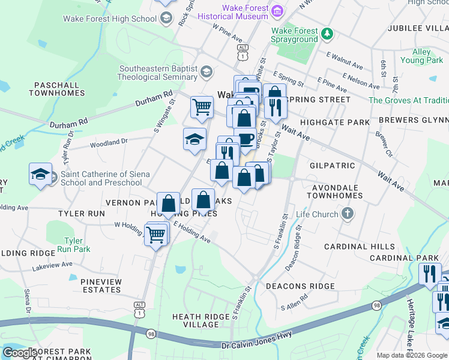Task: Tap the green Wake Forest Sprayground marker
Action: (x=327, y=34)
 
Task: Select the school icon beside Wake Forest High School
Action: (x=166, y=19)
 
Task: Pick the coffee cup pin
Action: (x=245, y=139)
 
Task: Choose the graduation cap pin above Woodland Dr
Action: (x=194, y=139)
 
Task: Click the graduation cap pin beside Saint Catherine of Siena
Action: (x=40, y=175)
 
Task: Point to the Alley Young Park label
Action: (x=421, y=56)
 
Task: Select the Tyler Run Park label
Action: (x=77, y=245)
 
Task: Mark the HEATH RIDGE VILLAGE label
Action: (x=200, y=320)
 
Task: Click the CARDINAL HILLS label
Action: (x=360, y=247)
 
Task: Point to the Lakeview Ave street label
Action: (x=49, y=264)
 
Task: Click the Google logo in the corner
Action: (x=20, y=353)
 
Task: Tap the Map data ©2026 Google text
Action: (x=411, y=355)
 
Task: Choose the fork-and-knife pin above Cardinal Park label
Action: (x=430, y=274)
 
